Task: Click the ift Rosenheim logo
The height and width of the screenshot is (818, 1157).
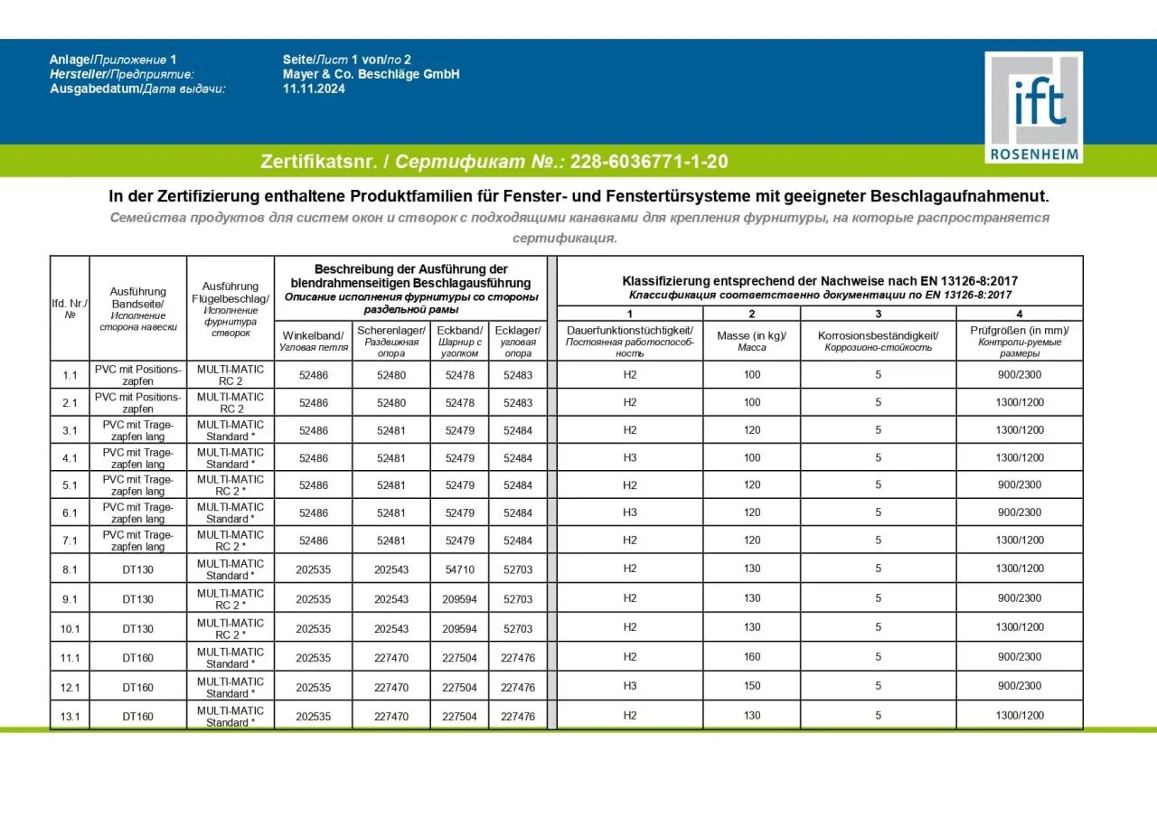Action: point(1033,107)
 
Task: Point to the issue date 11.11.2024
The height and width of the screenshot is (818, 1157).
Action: point(314,89)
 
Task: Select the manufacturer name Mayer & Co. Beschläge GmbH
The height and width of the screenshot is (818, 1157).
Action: point(371,74)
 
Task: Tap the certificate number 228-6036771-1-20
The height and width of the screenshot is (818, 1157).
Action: point(649,162)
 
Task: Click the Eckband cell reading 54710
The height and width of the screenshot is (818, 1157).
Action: point(459,569)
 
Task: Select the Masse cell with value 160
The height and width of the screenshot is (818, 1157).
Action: point(752,657)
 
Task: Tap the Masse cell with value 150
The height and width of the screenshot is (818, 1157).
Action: point(752,686)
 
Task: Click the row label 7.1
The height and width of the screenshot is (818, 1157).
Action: point(70,541)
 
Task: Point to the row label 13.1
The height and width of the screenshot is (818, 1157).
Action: point(70,717)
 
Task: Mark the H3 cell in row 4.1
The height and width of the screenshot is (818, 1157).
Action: point(630,457)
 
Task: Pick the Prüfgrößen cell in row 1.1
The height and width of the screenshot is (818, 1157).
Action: point(1019,375)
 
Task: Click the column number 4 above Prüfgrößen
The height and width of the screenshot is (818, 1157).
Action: point(1019,314)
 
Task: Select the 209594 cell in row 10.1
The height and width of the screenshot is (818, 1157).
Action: point(459,628)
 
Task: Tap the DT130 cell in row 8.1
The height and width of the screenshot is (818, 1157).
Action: point(138,569)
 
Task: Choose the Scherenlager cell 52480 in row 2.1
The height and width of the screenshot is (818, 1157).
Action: point(391,402)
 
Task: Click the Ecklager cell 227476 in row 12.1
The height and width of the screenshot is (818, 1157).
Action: point(518,687)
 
